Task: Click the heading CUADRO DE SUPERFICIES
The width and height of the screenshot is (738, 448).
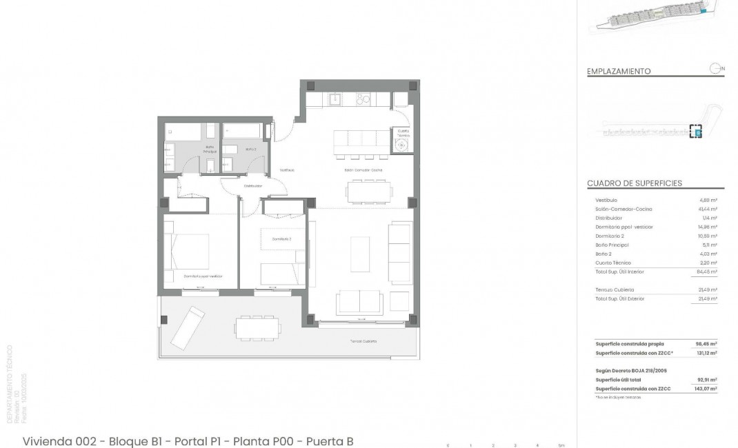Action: pyautogui.click(x=634, y=183)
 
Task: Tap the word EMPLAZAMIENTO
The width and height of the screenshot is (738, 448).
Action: pyautogui.click(x=619, y=71)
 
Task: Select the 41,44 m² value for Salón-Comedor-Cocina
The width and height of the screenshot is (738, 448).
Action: pyautogui.click(x=708, y=209)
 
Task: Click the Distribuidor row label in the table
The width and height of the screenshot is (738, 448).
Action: pyautogui.click(x=609, y=218)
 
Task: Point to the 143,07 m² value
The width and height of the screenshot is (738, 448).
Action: pyautogui.click(x=706, y=389)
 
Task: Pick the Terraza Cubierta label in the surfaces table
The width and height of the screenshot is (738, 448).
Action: pyautogui.click(x=615, y=289)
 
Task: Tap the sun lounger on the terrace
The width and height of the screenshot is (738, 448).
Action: pyautogui.click(x=188, y=327)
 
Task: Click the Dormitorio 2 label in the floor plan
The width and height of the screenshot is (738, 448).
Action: pyautogui.click(x=281, y=238)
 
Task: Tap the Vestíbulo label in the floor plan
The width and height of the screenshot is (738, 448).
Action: pyautogui.click(x=287, y=170)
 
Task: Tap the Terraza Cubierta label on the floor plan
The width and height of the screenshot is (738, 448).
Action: pyautogui.click(x=359, y=341)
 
